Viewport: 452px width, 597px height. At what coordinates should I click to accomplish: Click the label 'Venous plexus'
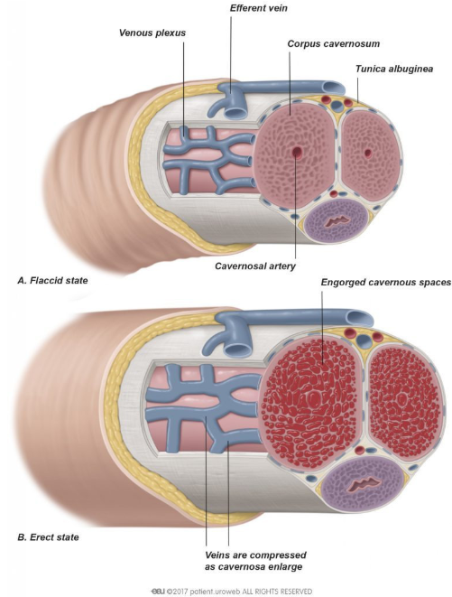point(152,33)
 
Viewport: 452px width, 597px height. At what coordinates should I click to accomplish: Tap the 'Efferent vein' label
point(258,8)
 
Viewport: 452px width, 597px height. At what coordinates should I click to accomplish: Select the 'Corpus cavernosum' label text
point(333,44)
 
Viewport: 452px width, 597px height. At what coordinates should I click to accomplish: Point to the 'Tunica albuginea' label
point(394,70)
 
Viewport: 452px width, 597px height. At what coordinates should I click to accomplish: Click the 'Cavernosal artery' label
point(255,266)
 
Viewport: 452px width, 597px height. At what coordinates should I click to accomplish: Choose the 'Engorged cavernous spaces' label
point(386,283)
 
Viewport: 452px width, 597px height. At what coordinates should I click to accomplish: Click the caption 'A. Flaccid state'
point(52,281)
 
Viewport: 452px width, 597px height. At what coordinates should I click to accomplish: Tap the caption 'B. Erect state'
point(49,537)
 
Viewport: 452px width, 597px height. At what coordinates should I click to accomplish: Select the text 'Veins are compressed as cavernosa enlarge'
point(255,561)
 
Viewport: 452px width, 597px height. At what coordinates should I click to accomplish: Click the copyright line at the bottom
point(232,592)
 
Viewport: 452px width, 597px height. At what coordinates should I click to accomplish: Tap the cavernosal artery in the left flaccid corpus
point(297,153)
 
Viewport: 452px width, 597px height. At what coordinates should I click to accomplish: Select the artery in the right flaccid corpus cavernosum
point(367,153)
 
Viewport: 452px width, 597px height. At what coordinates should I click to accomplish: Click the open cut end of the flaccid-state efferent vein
point(334,88)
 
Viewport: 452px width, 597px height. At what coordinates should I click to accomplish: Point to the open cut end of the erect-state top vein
point(359,319)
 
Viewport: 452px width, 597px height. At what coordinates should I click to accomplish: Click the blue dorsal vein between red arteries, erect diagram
point(364,340)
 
